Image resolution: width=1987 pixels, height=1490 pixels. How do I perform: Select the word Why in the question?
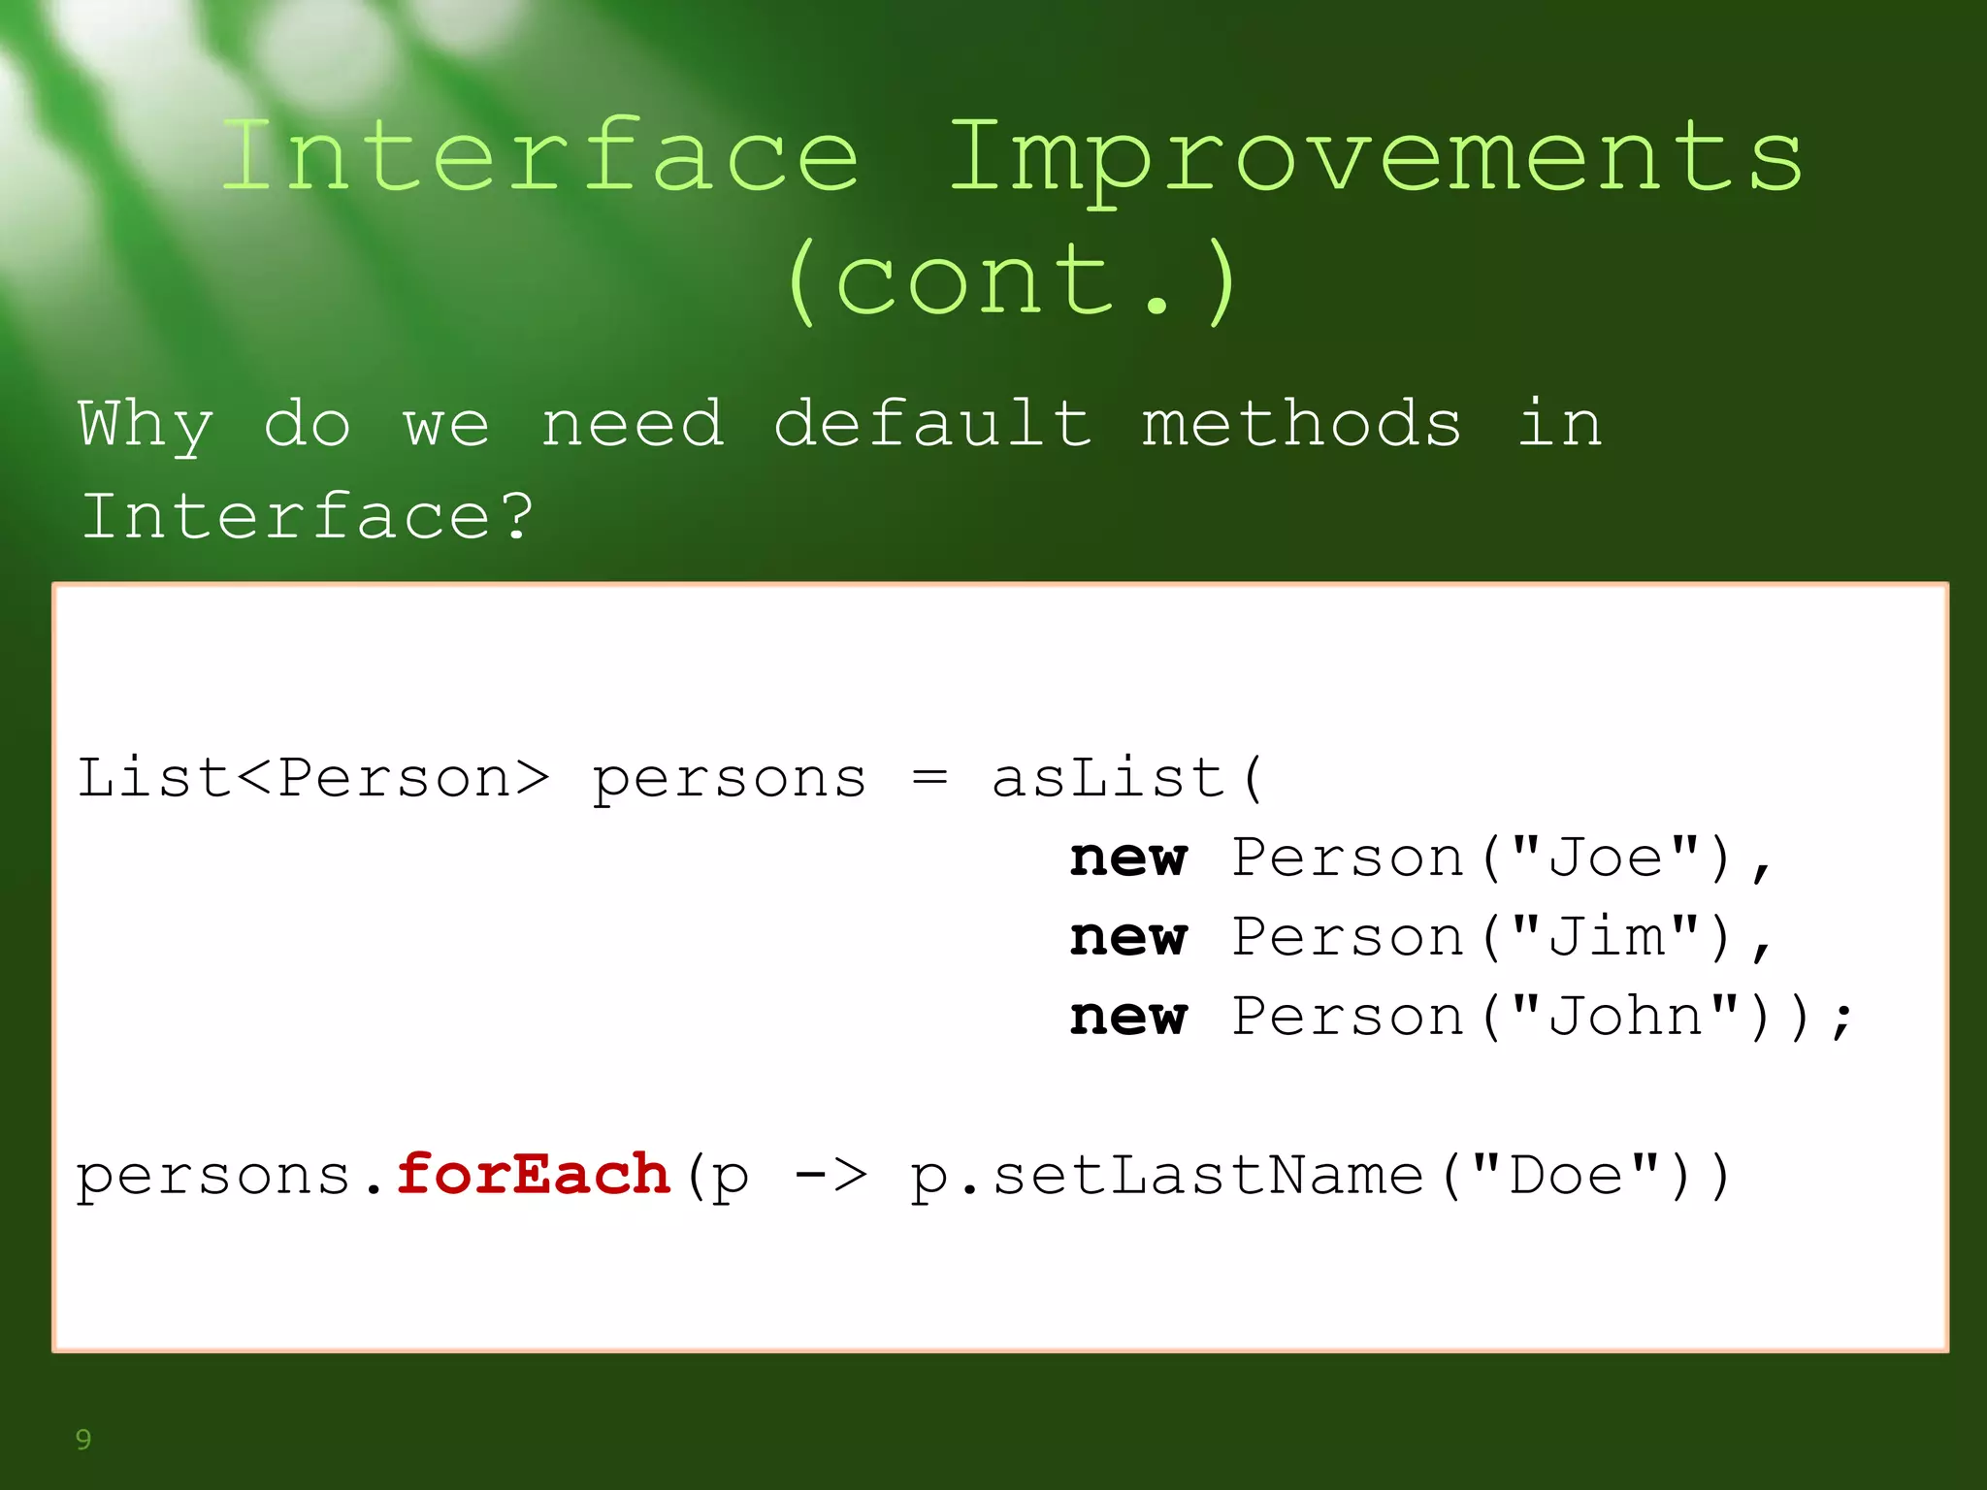[146, 424]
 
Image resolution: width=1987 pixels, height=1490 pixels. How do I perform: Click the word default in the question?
[932, 424]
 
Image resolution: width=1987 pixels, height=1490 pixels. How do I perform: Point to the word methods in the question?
[1300, 424]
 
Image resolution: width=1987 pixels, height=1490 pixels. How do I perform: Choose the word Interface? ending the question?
[308, 515]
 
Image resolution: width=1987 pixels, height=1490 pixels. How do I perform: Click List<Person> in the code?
[313, 778]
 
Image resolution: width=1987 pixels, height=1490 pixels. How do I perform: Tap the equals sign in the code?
[928, 778]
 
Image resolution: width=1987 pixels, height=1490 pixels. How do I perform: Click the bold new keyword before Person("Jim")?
[1128, 937]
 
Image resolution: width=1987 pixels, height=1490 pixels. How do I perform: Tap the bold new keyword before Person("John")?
[1128, 1017]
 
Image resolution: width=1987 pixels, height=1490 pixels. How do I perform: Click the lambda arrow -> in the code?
[831, 1176]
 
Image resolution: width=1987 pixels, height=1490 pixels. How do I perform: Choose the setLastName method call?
[1209, 1176]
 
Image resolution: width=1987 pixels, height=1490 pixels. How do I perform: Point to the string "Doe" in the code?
[1566, 1176]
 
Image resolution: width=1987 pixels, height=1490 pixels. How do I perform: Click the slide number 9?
[83, 1440]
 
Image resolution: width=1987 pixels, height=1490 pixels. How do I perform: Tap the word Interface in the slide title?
[540, 158]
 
